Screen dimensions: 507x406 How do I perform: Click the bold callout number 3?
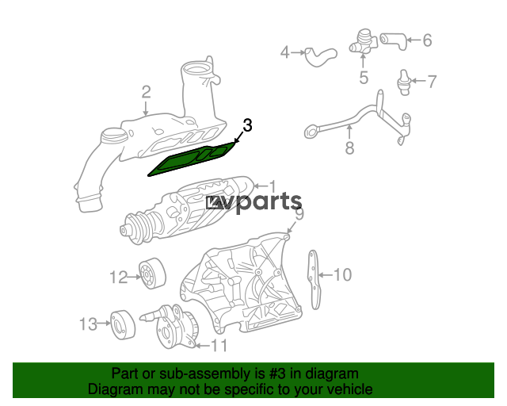point(247,125)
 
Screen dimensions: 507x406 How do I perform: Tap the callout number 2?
point(146,92)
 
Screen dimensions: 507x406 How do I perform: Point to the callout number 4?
point(284,52)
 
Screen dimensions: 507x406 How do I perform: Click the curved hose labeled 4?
point(321,56)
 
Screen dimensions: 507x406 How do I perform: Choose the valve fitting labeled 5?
point(363,43)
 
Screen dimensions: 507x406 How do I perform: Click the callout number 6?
point(427,40)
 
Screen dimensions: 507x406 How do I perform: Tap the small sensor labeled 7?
point(403,82)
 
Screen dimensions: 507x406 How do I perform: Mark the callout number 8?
point(349,147)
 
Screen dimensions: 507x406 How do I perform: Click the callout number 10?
point(342,274)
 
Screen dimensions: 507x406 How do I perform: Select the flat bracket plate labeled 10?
point(314,279)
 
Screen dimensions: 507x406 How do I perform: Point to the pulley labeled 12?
point(153,274)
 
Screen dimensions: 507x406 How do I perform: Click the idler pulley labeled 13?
point(123,324)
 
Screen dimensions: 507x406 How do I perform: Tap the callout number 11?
point(219,346)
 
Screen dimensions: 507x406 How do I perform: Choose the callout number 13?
point(88,324)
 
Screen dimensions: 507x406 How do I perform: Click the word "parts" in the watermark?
point(269,202)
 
